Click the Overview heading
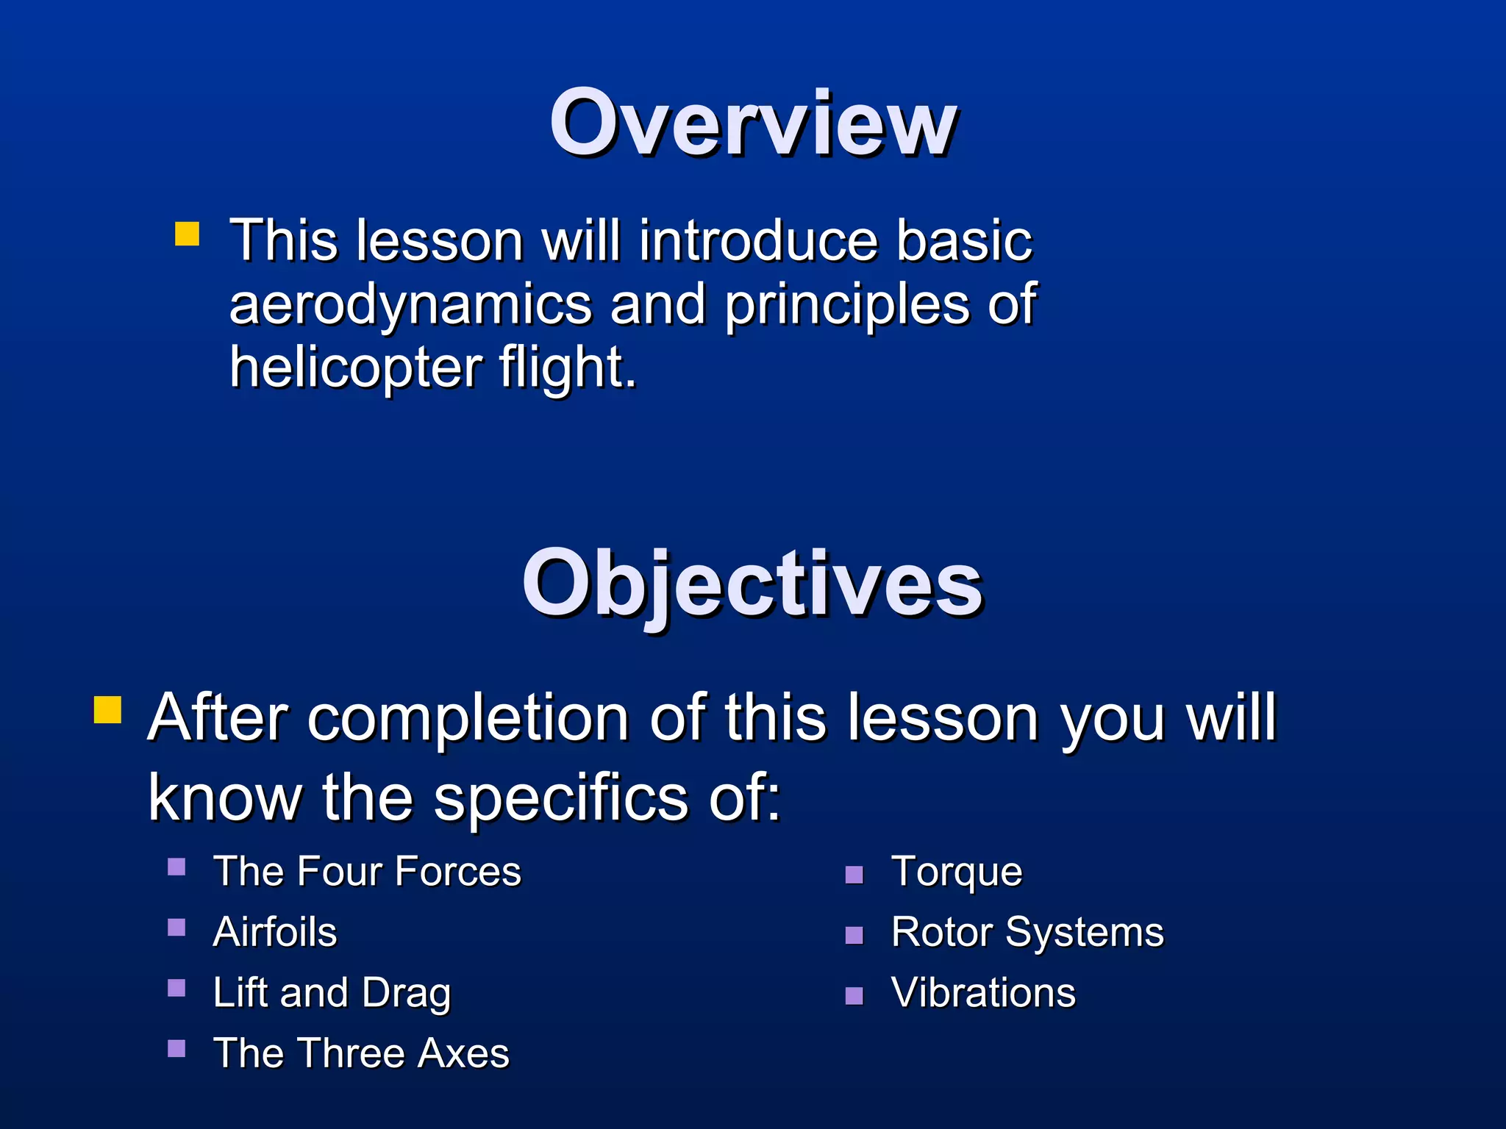(x=753, y=123)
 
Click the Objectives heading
(x=752, y=584)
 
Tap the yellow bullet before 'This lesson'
(x=187, y=234)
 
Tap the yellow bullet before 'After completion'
(x=108, y=710)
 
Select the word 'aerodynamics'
(x=411, y=305)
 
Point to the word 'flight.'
(x=568, y=368)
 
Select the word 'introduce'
(x=758, y=242)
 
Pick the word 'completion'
(x=468, y=718)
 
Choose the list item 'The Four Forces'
(x=367, y=872)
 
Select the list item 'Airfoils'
(x=275, y=933)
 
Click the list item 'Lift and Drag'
(x=332, y=993)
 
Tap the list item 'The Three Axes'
(x=361, y=1053)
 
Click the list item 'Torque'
(x=957, y=872)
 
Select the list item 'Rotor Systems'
(x=1027, y=933)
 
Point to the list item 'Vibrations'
(x=983, y=993)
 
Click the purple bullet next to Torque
(x=854, y=875)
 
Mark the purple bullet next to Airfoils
(x=176, y=928)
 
